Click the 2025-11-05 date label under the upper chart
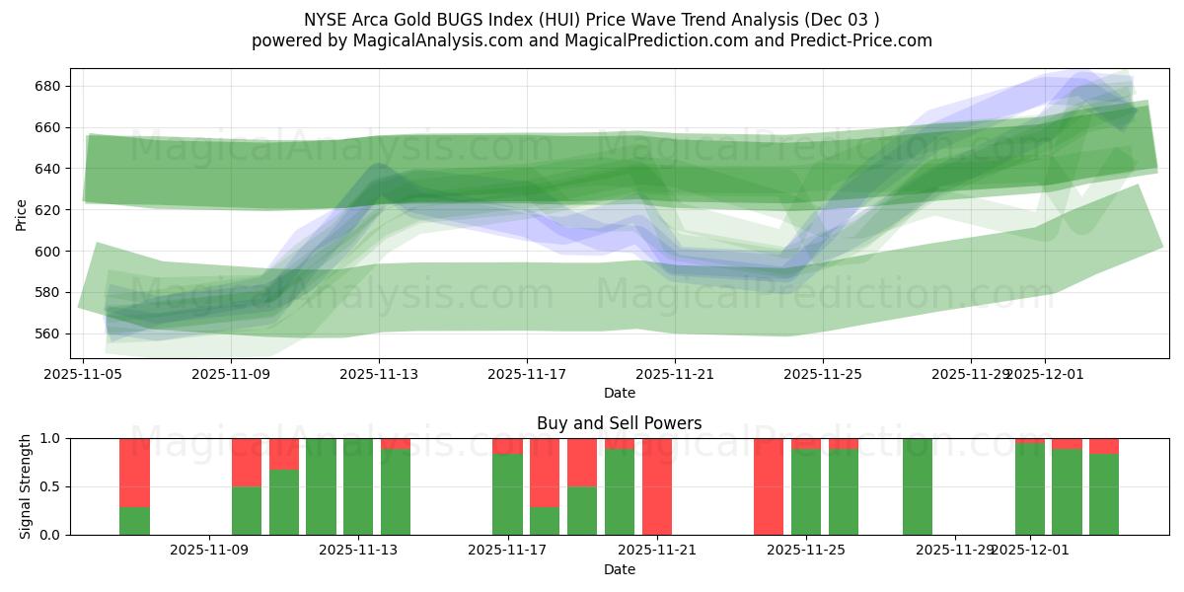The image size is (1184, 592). [x=84, y=374]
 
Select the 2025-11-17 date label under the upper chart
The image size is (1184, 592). [x=527, y=374]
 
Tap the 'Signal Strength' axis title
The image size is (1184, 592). [x=26, y=485]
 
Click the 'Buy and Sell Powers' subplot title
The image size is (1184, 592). [x=619, y=423]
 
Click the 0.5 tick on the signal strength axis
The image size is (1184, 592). [x=50, y=486]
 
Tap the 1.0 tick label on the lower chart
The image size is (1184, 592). [x=50, y=438]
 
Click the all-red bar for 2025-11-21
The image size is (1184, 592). [x=657, y=486]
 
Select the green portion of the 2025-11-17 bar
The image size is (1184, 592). [x=507, y=494]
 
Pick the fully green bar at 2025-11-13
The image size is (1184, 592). [x=358, y=486]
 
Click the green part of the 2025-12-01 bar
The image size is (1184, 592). [x=1030, y=489]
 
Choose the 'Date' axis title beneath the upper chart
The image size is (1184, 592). [x=619, y=393]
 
